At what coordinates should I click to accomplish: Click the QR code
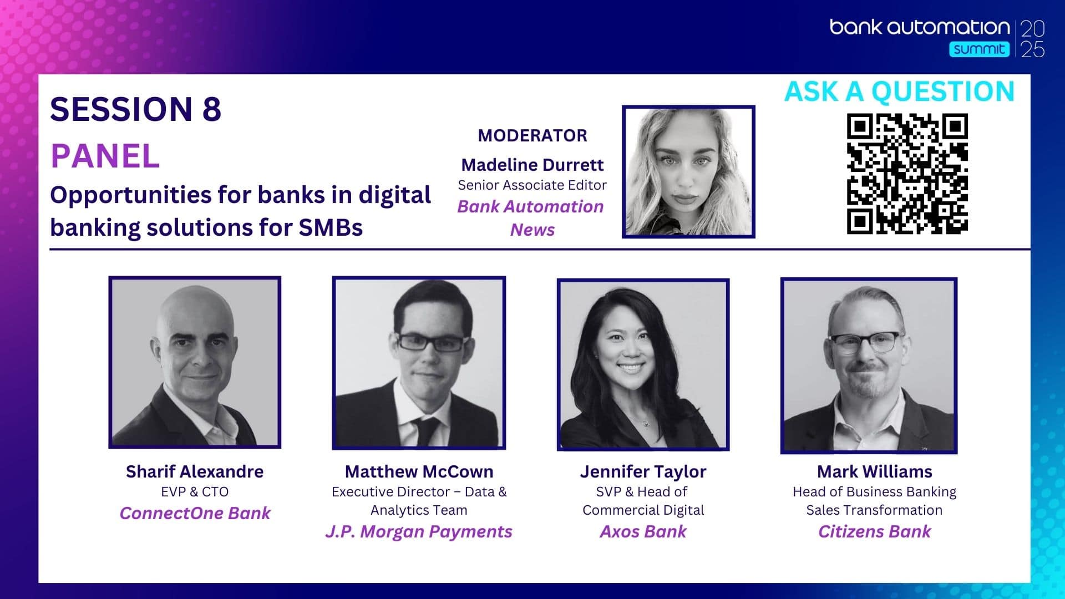pos(907,174)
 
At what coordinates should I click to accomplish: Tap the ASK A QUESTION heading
pos(899,92)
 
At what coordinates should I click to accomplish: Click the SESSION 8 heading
pos(136,109)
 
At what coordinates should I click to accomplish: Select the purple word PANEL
pos(105,156)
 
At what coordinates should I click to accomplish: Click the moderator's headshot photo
pos(688,171)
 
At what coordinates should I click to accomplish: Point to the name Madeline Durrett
pos(532,165)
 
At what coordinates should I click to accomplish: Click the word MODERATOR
pos(532,135)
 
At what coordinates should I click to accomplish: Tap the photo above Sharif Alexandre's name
pos(195,362)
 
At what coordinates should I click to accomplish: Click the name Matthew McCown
pos(419,471)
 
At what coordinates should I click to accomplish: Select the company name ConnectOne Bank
pos(195,513)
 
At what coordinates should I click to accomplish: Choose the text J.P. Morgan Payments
pos(419,531)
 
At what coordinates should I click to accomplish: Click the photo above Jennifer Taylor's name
pos(643,364)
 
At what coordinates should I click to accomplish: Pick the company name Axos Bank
pos(643,531)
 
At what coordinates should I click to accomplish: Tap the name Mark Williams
pos(875,471)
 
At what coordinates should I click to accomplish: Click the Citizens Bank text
pos(875,531)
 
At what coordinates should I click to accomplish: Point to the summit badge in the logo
pos(979,49)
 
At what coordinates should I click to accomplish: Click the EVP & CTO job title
pos(195,492)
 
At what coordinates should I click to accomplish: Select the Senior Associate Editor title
pos(532,185)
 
